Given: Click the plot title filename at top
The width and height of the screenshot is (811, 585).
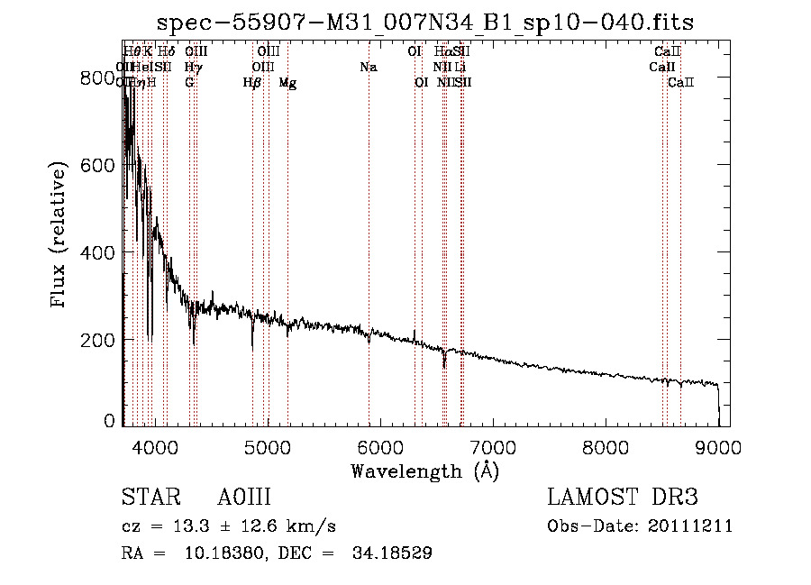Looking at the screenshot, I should [x=425, y=23].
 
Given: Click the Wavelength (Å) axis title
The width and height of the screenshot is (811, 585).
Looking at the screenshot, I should [x=424, y=471].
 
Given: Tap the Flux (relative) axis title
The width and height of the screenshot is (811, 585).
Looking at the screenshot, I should [x=59, y=237].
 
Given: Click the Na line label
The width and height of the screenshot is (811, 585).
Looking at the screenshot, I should [x=368, y=67].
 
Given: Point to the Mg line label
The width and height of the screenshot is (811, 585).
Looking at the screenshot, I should [x=287, y=82].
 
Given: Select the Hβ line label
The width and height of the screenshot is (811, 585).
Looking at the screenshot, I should [x=252, y=82].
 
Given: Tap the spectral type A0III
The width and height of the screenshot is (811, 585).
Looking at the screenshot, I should [x=244, y=498].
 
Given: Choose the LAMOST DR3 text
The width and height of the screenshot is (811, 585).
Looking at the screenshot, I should [x=623, y=498].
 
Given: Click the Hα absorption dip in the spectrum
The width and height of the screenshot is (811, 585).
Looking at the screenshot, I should [x=444, y=362].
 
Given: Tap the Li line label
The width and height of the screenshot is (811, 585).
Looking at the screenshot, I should [x=460, y=67].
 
